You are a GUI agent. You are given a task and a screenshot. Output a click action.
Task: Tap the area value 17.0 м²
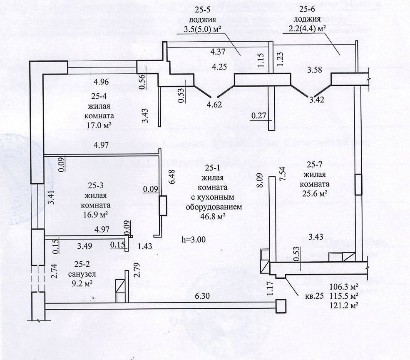99,125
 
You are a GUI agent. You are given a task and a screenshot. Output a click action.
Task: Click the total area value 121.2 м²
343,305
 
